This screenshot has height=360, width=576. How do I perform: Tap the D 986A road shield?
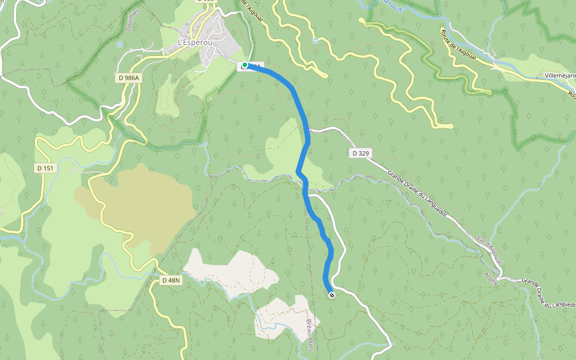(127, 78)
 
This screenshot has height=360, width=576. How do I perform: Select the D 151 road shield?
(44, 168)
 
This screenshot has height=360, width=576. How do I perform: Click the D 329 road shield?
(359, 154)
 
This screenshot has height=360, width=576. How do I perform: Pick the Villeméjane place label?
(560, 76)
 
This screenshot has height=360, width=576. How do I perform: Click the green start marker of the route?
(245, 65)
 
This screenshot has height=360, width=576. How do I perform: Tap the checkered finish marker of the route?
(331, 295)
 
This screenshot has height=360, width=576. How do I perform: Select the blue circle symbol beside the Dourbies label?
(120, 44)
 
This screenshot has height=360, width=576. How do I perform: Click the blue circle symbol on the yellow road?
(316, 41)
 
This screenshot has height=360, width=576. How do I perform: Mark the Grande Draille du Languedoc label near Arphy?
(548, 293)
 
